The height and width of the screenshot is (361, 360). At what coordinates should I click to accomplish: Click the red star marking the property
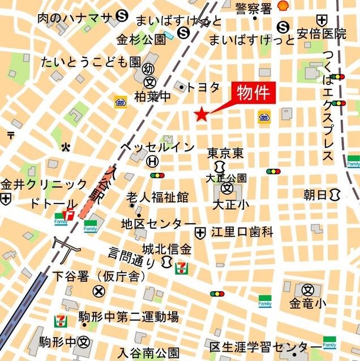point(201,115)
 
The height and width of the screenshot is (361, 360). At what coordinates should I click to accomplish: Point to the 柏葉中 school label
point(152,97)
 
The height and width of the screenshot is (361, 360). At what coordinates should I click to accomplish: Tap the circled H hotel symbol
point(152,162)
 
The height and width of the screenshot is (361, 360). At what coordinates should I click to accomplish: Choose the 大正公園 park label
point(226,178)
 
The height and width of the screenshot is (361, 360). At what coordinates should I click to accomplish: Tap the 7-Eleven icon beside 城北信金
point(182,266)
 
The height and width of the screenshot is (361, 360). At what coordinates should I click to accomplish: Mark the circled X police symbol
point(99,291)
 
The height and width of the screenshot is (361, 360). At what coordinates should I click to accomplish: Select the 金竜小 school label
point(308,304)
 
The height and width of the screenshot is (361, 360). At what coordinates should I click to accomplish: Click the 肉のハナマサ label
point(75,18)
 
